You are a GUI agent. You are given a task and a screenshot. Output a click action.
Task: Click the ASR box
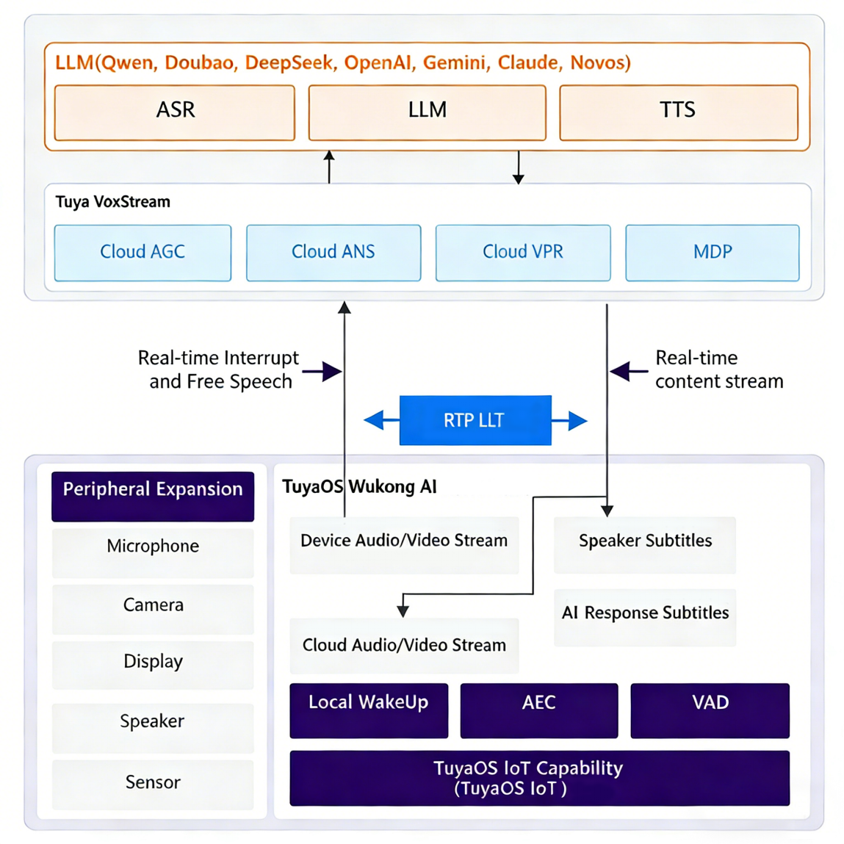(x=175, y=112)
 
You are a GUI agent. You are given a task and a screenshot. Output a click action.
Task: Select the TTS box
(x=679, y=112)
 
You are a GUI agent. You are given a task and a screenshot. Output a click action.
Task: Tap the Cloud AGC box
(x=143, y=253)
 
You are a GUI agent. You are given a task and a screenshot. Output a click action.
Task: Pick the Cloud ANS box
(x=333, y=253)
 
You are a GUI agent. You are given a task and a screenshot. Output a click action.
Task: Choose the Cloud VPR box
(x=523, y=253)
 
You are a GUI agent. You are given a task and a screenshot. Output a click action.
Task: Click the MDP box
(x=713, y=253)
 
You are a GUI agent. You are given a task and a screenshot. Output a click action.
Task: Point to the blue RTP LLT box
(x=475, y=420)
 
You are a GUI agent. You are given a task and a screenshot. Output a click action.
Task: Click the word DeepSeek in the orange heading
(x=289, y=63)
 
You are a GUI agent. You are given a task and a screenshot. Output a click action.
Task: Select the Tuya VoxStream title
(x=113, y=202)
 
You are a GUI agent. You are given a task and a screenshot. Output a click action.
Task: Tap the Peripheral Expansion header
(x=153, y=497)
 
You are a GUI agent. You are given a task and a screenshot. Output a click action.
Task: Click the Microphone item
(x=153, y=553)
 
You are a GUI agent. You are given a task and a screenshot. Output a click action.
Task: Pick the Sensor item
(x=153, y=785)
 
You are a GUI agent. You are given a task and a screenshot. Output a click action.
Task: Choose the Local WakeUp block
(x=369, y=710)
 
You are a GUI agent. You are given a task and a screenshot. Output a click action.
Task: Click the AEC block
(x=539, y=710)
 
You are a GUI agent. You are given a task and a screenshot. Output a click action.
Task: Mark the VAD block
(x=710, y=710)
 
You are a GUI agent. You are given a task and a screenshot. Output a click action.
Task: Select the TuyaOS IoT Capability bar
(x=539, y=779)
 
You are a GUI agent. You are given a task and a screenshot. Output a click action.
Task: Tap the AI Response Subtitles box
(x=645, y=618)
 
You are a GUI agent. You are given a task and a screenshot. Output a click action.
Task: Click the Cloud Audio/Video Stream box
(x=404, y=646)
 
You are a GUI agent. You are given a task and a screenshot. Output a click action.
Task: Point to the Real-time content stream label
(x=719, y=369)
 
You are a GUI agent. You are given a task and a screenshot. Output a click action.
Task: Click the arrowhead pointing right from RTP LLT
(x=578, y=420)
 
